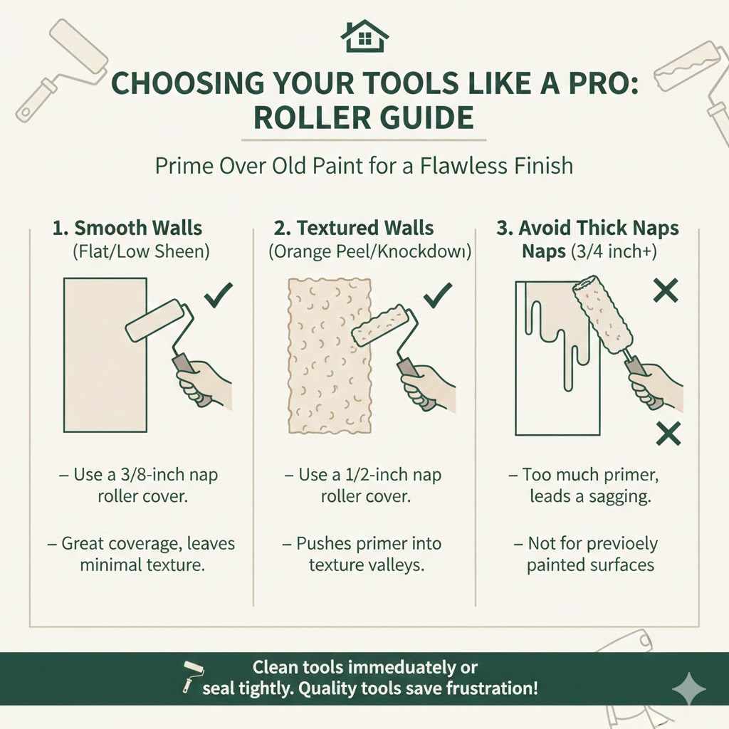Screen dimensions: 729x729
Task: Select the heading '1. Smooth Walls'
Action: [127, 229]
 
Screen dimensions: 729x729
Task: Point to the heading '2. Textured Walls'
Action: [354, 229]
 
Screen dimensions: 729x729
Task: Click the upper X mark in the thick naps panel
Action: [665, 290]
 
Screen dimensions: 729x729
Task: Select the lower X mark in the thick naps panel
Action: [667, 432]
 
